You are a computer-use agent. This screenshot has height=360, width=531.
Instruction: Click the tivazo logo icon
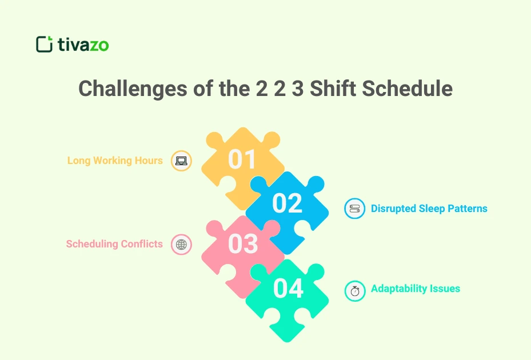(44, 44)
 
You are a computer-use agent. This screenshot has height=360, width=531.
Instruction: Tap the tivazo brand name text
(83, 45)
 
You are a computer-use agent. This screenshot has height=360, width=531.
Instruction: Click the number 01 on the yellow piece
(242, 159)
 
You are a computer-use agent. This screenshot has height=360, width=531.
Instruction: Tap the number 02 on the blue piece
(287, 203)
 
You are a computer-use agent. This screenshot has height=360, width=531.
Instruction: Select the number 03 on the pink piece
(243, 243)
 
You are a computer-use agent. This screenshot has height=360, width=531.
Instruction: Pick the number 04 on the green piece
(288, 289)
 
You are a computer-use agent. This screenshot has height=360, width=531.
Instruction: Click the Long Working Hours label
(115, 161)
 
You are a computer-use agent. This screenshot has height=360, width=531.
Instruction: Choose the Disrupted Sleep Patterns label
(429, 209)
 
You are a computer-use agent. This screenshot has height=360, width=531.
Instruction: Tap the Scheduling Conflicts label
(114, 244)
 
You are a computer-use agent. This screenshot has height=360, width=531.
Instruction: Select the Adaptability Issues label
(415, 289)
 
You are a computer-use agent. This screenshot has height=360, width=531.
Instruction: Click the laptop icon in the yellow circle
(181, 161)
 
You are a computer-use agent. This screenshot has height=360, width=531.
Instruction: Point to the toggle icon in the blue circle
(354, 209)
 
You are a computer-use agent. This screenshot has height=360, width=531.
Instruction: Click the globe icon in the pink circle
(181, 245)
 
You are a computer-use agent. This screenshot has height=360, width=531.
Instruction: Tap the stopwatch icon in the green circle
(354, 290)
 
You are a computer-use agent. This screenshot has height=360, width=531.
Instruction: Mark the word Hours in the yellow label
(149, 161)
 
